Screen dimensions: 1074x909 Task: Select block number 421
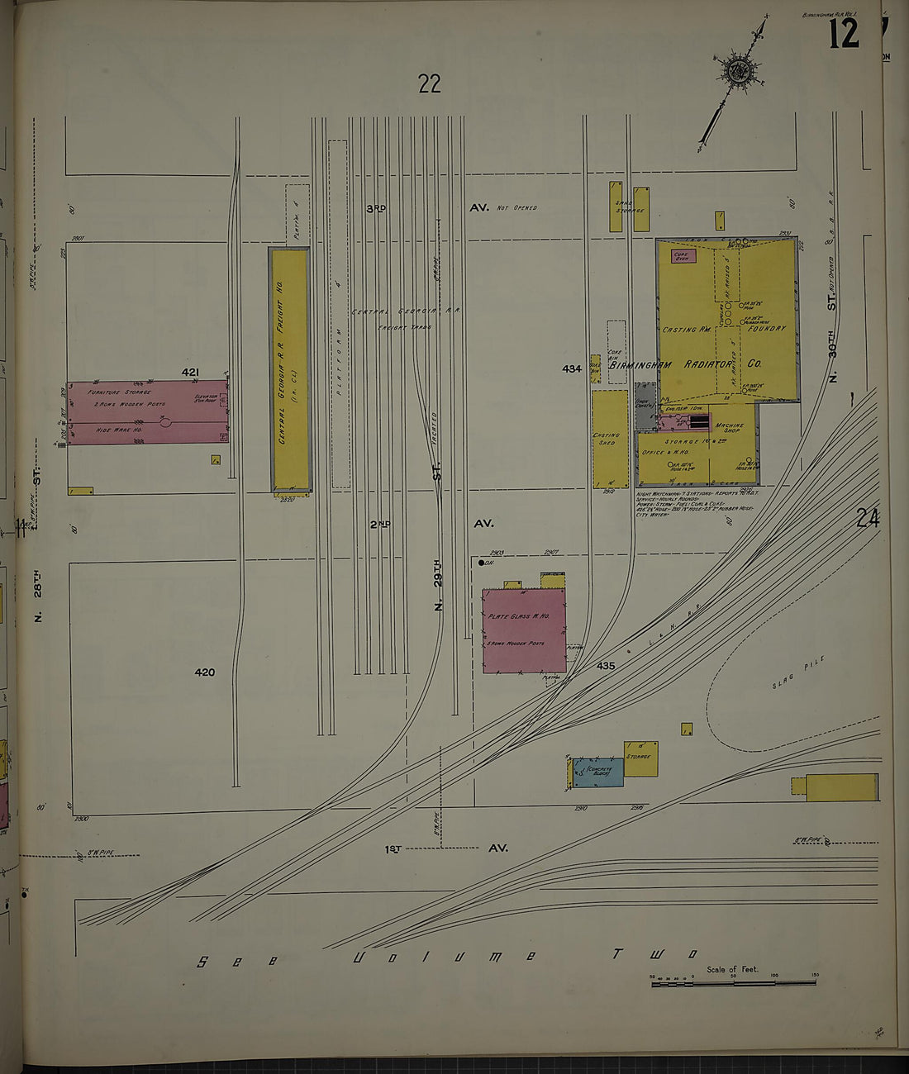pos(190,373)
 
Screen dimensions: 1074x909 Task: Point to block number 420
pos(204,672)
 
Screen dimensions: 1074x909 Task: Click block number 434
pos(572,368)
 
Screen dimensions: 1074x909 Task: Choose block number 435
pos(606,665)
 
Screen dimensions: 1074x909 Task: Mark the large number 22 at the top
pos(430,83)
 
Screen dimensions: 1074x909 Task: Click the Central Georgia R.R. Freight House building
pos(290,369)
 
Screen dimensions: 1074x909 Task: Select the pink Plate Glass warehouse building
pos(524,630)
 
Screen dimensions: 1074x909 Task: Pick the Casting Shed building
pos(610,439)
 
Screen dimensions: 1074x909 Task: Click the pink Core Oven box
pos(683,256)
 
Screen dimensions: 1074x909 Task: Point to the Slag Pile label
pos(799,672)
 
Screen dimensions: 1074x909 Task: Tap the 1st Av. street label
pos(445,848)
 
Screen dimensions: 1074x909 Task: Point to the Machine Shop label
pos(729,428)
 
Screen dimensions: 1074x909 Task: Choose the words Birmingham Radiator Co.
pos(686,364)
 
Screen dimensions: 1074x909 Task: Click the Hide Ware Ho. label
pos(117,429)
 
